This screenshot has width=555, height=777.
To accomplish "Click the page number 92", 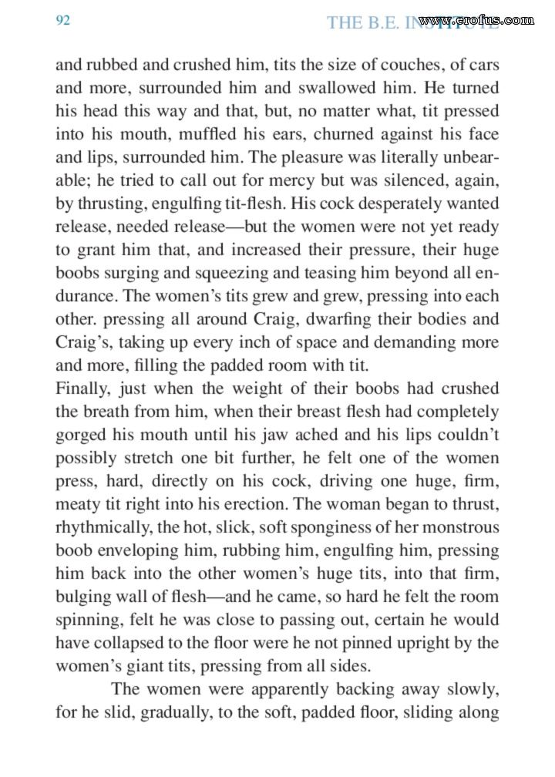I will coord(63,21).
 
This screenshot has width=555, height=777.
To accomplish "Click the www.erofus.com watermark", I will coord(479,20).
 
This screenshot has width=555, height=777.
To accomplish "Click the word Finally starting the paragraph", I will coord(83,388).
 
